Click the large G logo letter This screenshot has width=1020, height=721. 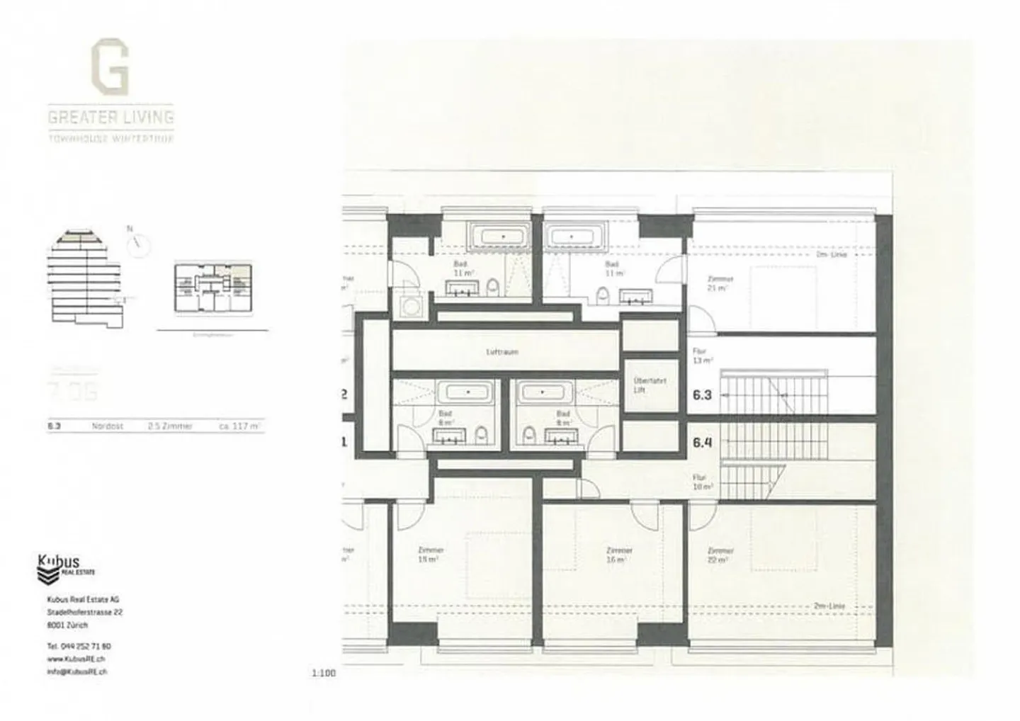(110, 69)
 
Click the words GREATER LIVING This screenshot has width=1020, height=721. (111, 118)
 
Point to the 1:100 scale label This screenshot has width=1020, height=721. (323, 673)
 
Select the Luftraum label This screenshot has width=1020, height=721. (502, 351)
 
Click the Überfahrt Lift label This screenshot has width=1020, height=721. (640, 385)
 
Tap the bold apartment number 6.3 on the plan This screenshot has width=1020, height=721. (702, 394)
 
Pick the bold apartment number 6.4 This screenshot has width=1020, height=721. (702, 443)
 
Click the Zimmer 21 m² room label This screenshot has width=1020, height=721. (720, 283)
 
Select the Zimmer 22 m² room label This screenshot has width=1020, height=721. (720, 555)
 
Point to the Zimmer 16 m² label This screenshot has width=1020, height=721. (619, 555)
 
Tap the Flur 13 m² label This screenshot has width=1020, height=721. (702, 356)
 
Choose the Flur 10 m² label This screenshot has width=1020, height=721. (703, 482)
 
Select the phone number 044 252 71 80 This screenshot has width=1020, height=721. (79, 647)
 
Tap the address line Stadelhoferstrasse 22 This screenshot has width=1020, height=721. (84, 612)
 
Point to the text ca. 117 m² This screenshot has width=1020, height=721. (239, 426)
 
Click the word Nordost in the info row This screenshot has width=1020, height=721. (108, 426)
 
